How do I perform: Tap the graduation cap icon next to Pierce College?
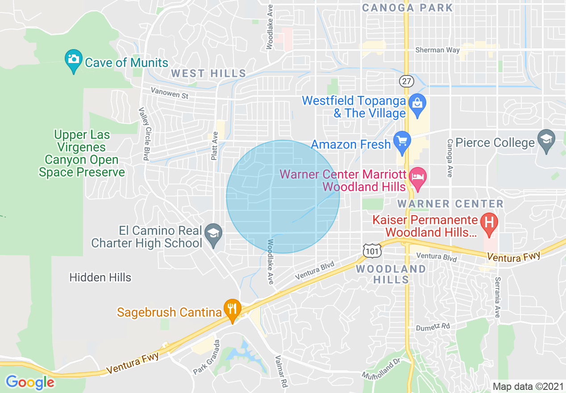tap(546, 140)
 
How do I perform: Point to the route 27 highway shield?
tap(407, 81)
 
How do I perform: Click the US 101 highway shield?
tap(371, 251)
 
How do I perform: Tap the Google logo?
tap(30, 382)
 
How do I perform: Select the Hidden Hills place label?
tap(100, 277)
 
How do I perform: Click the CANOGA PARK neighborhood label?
tap(407, 8)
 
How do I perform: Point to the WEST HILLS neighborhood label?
tap(209, 73)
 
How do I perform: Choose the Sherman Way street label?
tap(437, 50)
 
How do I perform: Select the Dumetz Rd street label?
tap(433, 327)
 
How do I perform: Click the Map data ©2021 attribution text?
tap(527, 386)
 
